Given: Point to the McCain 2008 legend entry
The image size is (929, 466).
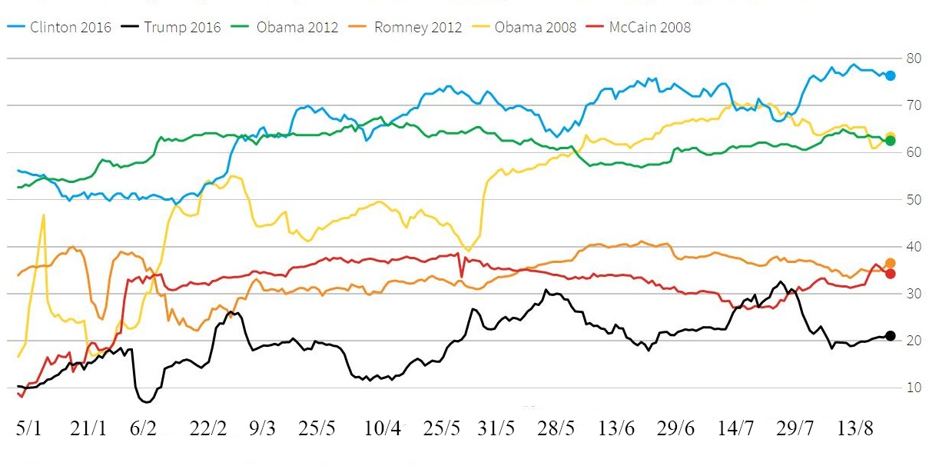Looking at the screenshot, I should [x=649, y=28].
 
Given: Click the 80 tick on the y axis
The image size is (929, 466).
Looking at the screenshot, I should [x=914, y=58].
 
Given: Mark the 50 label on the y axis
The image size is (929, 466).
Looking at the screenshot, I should [x=914, y=199].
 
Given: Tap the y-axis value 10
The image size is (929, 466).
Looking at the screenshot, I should [x=914, y=388].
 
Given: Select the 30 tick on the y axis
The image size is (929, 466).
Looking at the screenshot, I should [x=914, y=294].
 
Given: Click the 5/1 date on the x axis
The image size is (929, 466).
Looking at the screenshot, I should [x=29, y=429].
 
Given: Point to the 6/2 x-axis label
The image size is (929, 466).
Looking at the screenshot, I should [x=144, y=429].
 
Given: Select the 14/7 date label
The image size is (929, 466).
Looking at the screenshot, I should [x=735, y=429].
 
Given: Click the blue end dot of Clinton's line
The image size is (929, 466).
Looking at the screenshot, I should [x=890, y=75].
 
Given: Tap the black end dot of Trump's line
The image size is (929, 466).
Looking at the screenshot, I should [x=891, y=336].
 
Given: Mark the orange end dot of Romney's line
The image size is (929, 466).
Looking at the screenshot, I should [x=891, y=263].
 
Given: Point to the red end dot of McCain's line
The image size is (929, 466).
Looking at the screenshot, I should [x=891, y=274].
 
